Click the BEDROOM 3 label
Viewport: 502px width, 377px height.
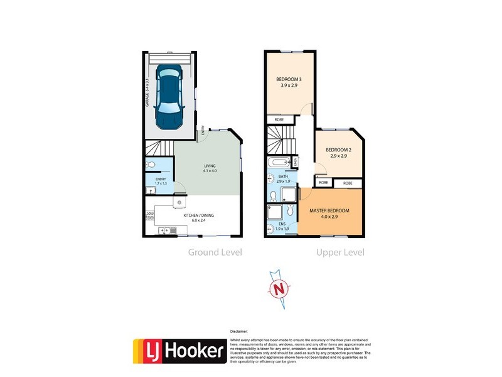click(289, 82)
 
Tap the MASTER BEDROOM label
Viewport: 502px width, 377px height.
click(329, 212)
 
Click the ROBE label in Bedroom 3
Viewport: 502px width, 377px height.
click(277, 119)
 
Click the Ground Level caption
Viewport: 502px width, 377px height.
click(215, 253)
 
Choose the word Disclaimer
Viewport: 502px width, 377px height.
click(239, 331)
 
